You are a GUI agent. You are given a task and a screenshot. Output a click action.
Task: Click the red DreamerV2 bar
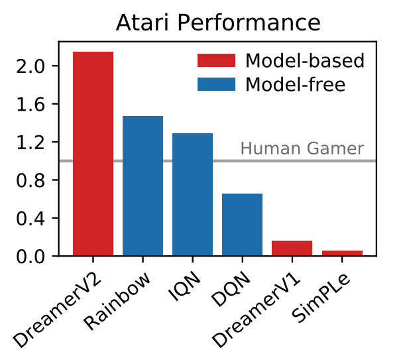click(x=93, y=154)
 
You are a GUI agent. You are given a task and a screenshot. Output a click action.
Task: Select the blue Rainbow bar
click(x=143, y=186)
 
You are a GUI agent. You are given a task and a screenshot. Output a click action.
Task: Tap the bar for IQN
click(x=192, y=194)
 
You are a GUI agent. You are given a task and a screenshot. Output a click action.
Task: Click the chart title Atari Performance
click(x=218, y=23)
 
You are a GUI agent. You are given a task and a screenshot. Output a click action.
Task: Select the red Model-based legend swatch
click(x=216, y=61)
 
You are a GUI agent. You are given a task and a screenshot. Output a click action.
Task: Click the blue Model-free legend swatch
click(x=216, y=84)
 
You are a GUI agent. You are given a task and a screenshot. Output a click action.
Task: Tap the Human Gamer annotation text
click(x=302, y=149)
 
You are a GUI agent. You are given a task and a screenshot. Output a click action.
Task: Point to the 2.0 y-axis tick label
click(x=31, y=66)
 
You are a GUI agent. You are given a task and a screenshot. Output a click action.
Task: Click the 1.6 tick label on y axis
click(x=31, y=104)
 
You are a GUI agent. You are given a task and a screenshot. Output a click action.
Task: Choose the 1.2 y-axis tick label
click(x=31, y=143)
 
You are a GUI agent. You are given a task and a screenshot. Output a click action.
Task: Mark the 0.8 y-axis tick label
click(x=31, y=180)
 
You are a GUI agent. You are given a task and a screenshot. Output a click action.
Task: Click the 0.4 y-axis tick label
click(x=31, y=218)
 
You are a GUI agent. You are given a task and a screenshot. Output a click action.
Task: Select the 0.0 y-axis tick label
click(x=31, y=257)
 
